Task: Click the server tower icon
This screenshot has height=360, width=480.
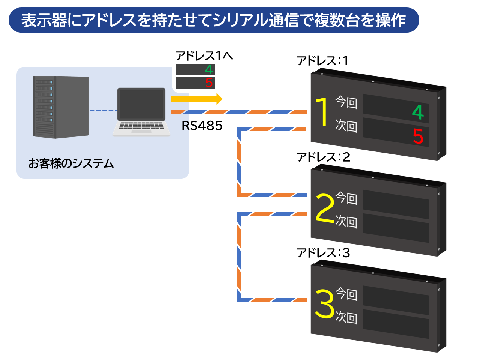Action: pyautogui.click(x=61, y=107)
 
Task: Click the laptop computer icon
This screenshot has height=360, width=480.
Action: pyautogui.click(x=141, y=111)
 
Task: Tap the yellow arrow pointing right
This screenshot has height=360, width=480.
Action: pyautogui.click(x=197, y=99)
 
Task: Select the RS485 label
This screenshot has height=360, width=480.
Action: pyautogui.click(x=202, y=126)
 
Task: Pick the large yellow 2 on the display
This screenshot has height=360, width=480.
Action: pyautogui.click(x=325, y=208)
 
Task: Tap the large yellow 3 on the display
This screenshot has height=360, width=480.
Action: pyautogui.click(x=325, y=303)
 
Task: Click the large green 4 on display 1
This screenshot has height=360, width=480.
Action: pyautogui.click(x=418, y=112)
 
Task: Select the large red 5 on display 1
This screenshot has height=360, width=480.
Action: pyautogui.click(x=418, y=136)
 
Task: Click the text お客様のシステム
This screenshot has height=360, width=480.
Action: pyautogui.click(x=71, y=163)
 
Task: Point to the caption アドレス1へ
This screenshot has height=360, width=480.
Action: pyautogui.click(x=204, y=56)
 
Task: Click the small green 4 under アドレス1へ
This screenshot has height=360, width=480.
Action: pyautogui.click(x=209, y=69)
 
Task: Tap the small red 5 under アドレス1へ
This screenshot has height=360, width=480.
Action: pyautogui.click(x=209, y=82)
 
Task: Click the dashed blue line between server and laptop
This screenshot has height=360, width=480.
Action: pyautogui.click(x=103, y=111)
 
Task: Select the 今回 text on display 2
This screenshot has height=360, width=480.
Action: pyautogui.click(x=346, y=198)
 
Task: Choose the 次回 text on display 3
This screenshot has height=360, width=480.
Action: pyautogui.click(x=346, y=317)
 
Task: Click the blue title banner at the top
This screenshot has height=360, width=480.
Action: pyautogui.click(x=213, y=20)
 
